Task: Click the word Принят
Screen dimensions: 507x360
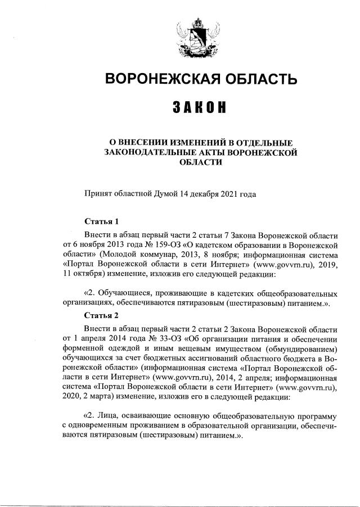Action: click(x=97, y=194)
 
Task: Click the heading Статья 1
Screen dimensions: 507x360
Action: click(x=101, y=221)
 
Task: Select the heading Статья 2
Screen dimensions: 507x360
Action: click(x=101, y=314)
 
